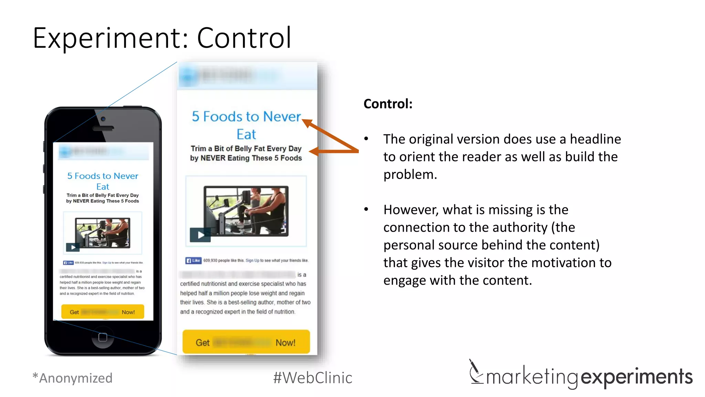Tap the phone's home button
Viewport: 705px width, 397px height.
click(103, 337)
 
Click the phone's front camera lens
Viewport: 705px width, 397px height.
click(103, 119)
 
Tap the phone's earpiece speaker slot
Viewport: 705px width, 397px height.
click(103, 128)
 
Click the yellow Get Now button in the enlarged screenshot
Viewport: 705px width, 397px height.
click(246, 342)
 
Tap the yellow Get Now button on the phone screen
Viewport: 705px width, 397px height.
click(103, 312)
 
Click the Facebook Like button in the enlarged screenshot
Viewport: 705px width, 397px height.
click(193, 261)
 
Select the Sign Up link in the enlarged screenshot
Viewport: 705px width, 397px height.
click(252, 261)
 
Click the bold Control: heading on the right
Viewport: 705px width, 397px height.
click(388, 104)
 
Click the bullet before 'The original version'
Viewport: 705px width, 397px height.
click(366, 139)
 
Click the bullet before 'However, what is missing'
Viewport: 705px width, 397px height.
click(366, 209)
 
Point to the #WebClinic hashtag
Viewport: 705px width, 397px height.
click(313, 378)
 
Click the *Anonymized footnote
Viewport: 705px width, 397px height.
click(73, 378)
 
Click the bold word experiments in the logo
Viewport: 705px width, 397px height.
click(636, 377)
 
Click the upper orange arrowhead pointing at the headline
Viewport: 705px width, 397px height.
click(307, 123)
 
